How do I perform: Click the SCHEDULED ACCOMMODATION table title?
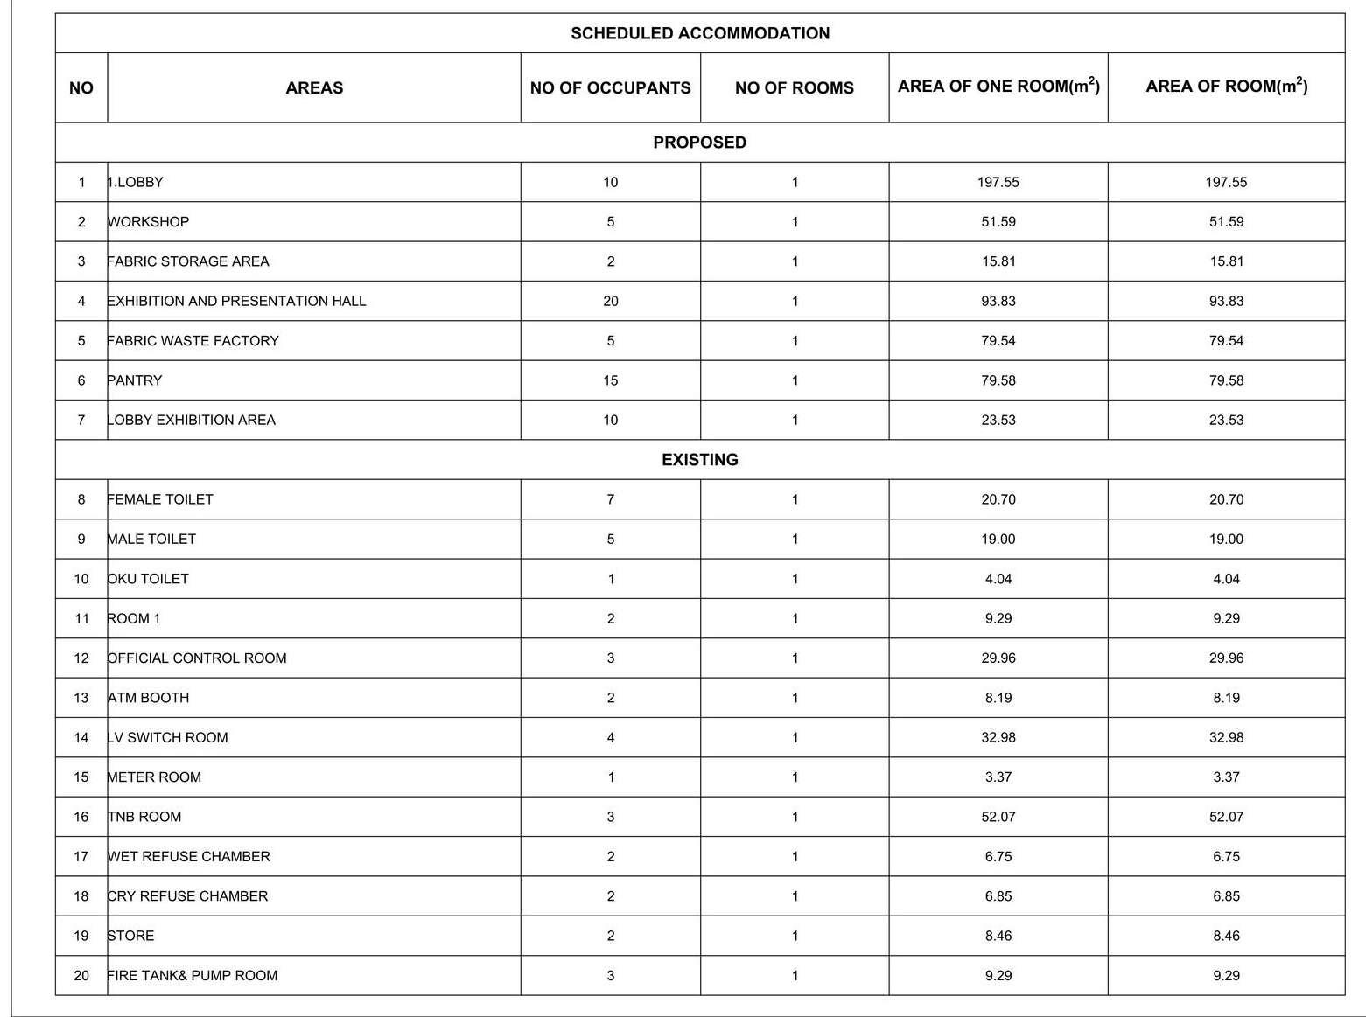[x=700, y=33]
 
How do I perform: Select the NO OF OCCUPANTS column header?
[x=610, y=87]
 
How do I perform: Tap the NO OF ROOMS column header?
[x=794, y=87]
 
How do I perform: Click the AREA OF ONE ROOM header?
[x=998, y=86]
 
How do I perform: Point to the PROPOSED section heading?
[x=699, y=143]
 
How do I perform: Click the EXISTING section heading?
[x=699, y=460]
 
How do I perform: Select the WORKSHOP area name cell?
[x=148, y=222]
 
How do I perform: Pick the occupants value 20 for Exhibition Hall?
[x=610, y=301]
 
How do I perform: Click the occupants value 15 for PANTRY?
[x=610, y=380]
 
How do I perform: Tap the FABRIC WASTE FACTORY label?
[x=193, y=341]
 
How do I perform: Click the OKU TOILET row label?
[x=148, y=579]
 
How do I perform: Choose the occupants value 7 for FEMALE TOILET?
[x=610, y=499]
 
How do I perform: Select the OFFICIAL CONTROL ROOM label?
[x=197, y=658]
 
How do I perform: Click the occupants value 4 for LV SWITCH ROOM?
[x=610, y=737]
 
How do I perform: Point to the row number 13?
[x=81, y=698]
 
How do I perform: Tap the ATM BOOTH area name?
[x=148, y=698]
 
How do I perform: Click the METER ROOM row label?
[x=154, y=777]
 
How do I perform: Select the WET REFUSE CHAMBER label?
[x=188, y=857]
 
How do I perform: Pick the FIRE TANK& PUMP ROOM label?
[x=192, y=976]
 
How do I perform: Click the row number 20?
[x=81, y=976]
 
